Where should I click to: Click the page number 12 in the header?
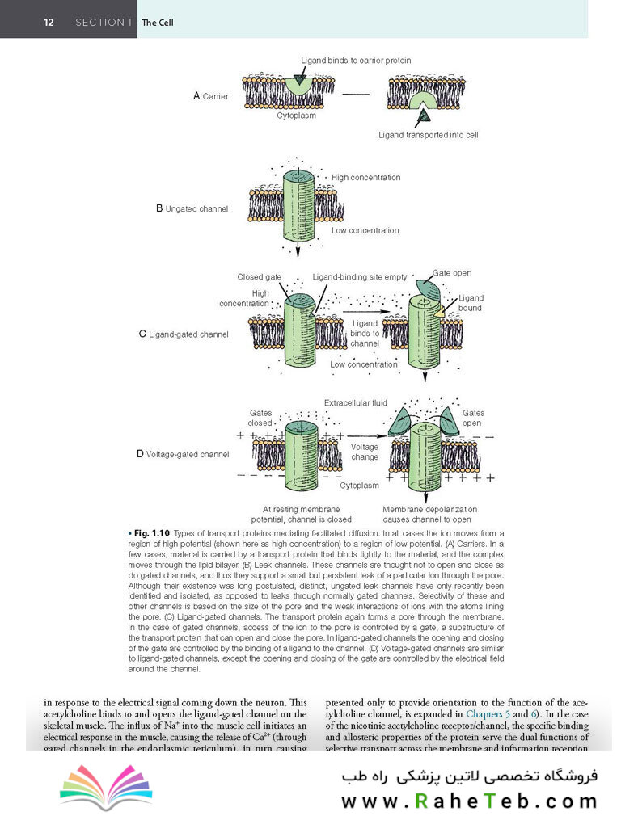click(49, 23)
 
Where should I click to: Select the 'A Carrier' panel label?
click(210, 96)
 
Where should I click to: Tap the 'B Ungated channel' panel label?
click(192, 208)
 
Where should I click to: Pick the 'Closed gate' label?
click(259, 277)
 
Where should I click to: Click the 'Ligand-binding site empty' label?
click(360, 277)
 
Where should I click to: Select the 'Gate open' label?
click(452, 273)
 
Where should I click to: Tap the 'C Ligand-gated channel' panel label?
click(184, 334)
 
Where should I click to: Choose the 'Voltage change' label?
click(365, 452)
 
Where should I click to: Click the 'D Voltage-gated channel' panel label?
click(182, 454)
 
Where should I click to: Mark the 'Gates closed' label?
click(260, 417)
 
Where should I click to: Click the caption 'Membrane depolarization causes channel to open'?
click(429, 515)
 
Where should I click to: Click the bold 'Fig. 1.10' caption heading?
click(151, 533)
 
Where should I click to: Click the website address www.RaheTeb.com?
click(468, 801)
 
